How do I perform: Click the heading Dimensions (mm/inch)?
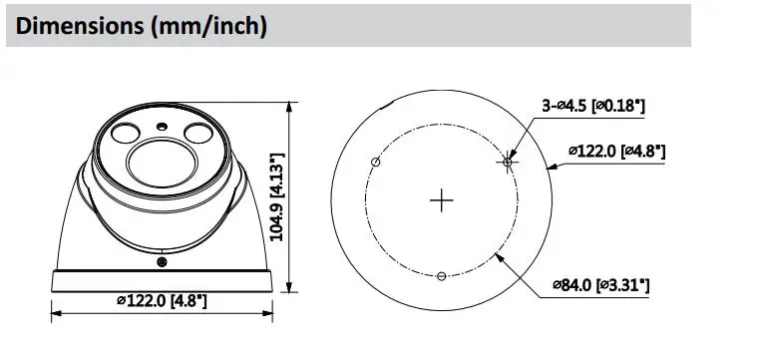coord(141,26)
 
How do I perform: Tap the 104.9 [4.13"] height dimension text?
coord(277,196)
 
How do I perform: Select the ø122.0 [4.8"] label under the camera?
coord(162,301)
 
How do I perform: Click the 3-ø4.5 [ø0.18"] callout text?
coord(593,106)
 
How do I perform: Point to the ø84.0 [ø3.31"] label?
coord(600,285)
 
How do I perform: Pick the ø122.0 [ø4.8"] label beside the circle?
coord(616,152)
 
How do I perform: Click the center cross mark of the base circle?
coord(442,200)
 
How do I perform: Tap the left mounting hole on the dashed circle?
coord(375,162)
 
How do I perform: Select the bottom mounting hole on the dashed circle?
coord(441,276)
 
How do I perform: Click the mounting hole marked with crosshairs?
coord(508,163)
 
